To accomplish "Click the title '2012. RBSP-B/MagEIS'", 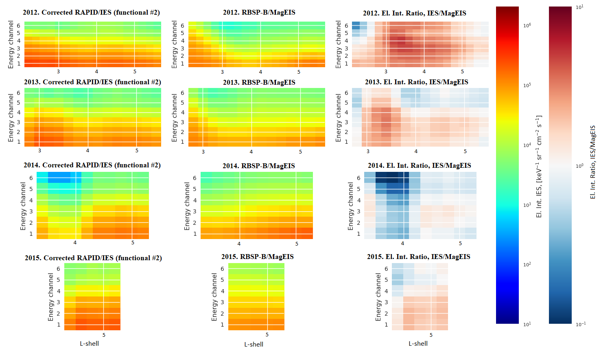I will (x=259, y=12).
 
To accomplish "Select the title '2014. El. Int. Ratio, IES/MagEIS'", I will (x=419, y=165).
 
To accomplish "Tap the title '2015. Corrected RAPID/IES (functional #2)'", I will (x=93, y=258).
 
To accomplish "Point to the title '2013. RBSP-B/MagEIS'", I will (x=259, y=82).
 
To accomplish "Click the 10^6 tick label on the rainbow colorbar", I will (x=527, y=26).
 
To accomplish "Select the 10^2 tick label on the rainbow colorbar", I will (x=527, y=265).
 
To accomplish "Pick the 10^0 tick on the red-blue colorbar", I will (x=579, y=166).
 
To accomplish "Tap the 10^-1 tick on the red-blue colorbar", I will (x=580, y=324).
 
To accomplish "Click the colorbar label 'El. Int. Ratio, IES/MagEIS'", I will (x=593, y=162).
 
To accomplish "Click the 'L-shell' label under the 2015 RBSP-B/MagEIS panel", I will (x=254, y=344).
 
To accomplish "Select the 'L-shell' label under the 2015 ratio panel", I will (x=418, y=343).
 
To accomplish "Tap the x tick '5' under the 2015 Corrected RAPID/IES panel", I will (x=104, y=335).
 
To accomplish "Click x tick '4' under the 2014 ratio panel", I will (x=402, y=244).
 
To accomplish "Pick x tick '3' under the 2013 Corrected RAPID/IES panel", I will (x=39, y=151).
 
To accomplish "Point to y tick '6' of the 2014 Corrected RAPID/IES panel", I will (x=31, y=178).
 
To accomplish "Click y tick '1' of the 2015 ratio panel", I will (x=386, y=325).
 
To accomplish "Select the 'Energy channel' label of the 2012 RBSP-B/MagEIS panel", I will (x=175, y=44).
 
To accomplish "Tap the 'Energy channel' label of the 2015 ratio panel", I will (x=378, y=297).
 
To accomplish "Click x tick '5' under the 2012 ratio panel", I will (x=462, y=72).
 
